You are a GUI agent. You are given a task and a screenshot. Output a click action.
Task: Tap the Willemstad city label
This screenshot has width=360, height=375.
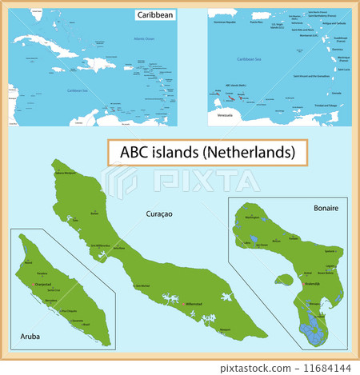(194, 304)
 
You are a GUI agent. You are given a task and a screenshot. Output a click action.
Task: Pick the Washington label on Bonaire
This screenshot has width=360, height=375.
(248, 217)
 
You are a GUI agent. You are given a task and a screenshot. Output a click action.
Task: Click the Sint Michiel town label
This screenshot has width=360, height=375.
(142, 285)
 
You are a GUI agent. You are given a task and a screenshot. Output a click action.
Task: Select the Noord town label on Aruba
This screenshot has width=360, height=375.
(29, 262)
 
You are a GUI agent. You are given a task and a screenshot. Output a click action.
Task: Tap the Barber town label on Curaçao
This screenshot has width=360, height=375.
(94, 214)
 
